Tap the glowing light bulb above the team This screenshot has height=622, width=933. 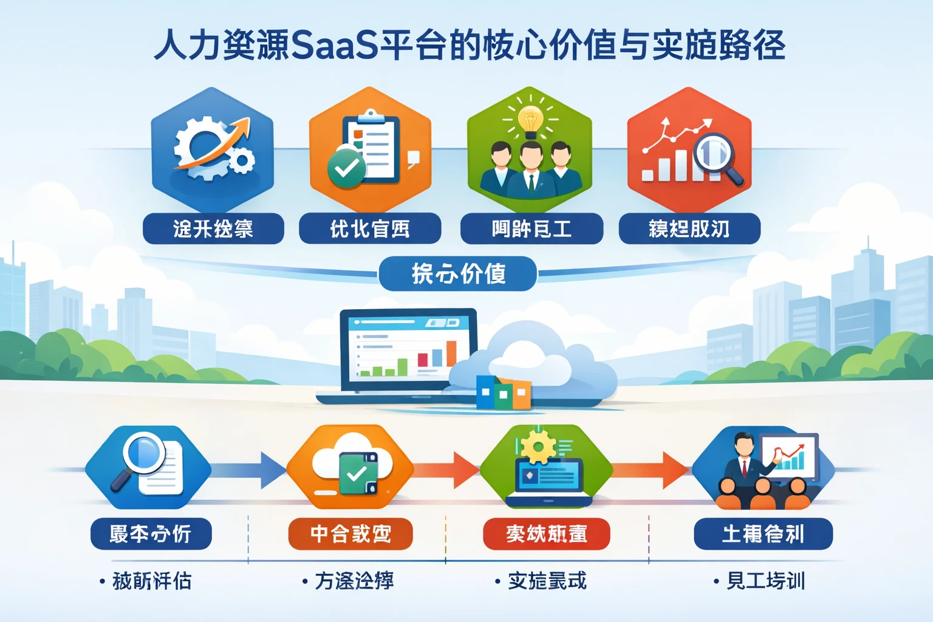pyautogui.click(x=530, y=120)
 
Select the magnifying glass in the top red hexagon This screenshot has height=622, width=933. pyautogui.click(x=716, y=154)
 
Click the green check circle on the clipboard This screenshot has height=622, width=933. pyautogui.click(x=346, y=167)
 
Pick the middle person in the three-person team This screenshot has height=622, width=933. pyautogui.click(x=531, y=170)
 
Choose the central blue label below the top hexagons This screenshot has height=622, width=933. pyautogui.click(x=458, y=274)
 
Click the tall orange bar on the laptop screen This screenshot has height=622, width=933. pyautogui.click(x=451, y=354)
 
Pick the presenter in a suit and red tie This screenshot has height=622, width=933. pyautogui.click(x=745, y=462)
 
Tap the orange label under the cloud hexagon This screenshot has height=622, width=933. pyautogui.click(x=350, y=534)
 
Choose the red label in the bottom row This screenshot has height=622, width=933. pyautogui.click(x=546, y=534)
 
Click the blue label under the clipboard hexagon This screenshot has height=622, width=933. pyautogui.click(x=370, y=229)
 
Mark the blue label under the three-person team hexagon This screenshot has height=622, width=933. pyautogui.click(x=531, y=229)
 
